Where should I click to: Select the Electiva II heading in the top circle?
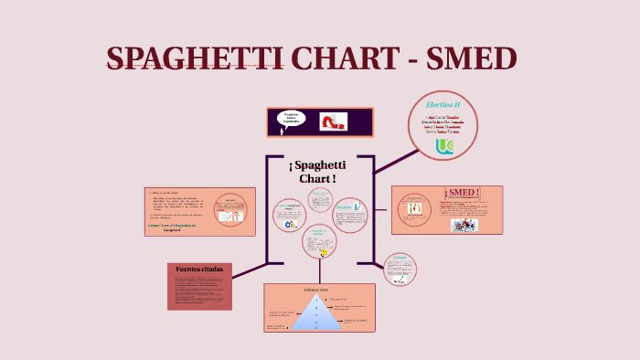(x=443, y=105)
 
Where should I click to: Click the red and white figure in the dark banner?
(x=334, y=121)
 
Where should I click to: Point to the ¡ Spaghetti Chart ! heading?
(x=318, y=171)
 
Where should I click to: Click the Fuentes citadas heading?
(x=199, y=270)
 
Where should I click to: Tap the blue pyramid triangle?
(x=317, y=314)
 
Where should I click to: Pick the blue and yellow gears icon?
(x=291, y=224)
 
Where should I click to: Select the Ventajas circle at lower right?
(x=400, y=269)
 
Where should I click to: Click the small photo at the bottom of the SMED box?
(x=464, y=225)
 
